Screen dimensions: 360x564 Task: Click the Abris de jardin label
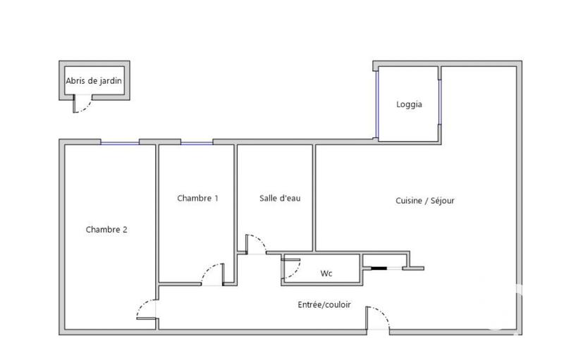(93, 81)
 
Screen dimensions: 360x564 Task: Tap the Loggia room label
(409, 104)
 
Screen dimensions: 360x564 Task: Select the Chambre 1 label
(197, 199)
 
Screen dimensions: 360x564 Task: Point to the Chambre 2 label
(106, 229)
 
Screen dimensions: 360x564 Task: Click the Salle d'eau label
(280, 199)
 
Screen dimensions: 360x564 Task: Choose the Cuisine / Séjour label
(425, 201)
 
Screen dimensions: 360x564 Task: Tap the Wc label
(326, 273)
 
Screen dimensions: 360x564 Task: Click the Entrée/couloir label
(324, 305)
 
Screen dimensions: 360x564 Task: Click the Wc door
(290, 268)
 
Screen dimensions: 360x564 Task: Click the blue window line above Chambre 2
(119, 143)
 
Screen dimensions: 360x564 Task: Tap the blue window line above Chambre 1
(197, 143)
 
